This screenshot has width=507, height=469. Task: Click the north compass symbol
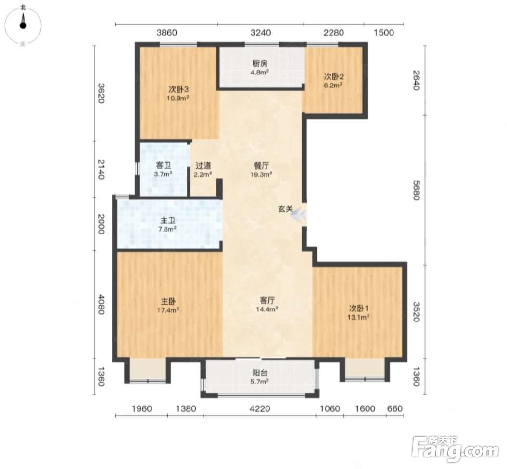[x=23, y=25]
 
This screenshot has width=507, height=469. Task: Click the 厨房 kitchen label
[x=260, y=63]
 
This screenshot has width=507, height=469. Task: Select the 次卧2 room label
[x=334, y=76]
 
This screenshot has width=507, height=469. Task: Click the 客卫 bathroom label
[x=163, y=165]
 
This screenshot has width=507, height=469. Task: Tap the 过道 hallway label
[x=203, y=166]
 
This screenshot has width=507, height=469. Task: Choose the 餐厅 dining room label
[x=261, y=166]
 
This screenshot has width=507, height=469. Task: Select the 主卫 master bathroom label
[x=168, y=221]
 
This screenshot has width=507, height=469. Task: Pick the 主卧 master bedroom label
[x=168, y=301]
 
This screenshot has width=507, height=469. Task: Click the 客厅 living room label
[x=267, y=301]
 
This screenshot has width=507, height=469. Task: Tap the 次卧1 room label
[x=358, y=308]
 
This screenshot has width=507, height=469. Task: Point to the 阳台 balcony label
[x=260, y=373]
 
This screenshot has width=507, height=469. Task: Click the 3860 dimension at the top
[x=166, y=33]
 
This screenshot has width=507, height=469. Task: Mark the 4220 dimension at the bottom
[x=260, y=409]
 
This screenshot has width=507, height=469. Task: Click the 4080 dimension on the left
[x=101, y=304]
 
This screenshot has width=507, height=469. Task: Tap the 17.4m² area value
[x=168, y=310]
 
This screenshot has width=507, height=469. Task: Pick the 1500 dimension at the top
[x=384, y=33]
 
